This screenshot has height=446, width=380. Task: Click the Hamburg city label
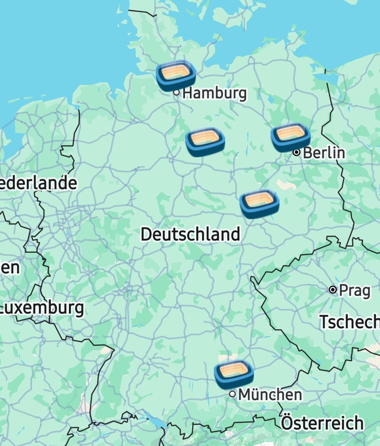point(215,93)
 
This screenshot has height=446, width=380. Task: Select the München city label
point(270,394)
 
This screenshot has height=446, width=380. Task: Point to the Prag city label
point(354,290)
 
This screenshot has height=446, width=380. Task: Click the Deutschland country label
point(190,235)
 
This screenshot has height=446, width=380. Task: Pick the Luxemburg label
point(42,308)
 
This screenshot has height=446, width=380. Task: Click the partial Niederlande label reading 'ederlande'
point(38,183)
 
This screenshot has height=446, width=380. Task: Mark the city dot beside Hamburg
point(177,92)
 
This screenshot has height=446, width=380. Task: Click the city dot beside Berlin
point(296,152)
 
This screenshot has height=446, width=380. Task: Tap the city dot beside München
point(233,394)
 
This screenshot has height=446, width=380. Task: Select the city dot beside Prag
point(333,290)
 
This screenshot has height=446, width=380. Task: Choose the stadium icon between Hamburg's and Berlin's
point(205,142)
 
